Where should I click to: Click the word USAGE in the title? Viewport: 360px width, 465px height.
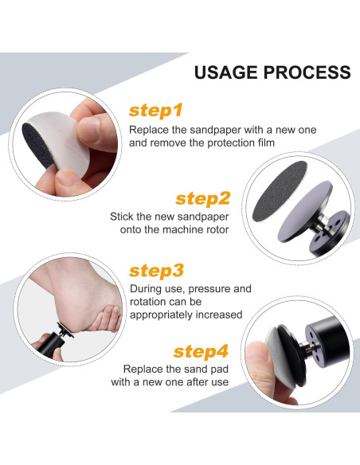226,72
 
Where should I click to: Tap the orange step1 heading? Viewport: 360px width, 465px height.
155,111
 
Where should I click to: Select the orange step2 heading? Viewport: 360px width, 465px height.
203,199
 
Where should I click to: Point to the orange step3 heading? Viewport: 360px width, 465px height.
156,271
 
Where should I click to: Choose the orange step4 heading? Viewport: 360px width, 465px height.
201,352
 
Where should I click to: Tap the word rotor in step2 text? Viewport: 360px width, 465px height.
218,229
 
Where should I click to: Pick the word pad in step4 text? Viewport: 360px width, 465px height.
218,369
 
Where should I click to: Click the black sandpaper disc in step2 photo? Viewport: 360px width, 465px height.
280,191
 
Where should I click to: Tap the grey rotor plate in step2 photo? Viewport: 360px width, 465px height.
305,211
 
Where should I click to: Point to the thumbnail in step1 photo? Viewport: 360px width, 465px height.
88,130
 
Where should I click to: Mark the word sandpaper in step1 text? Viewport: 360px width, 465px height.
215,131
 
